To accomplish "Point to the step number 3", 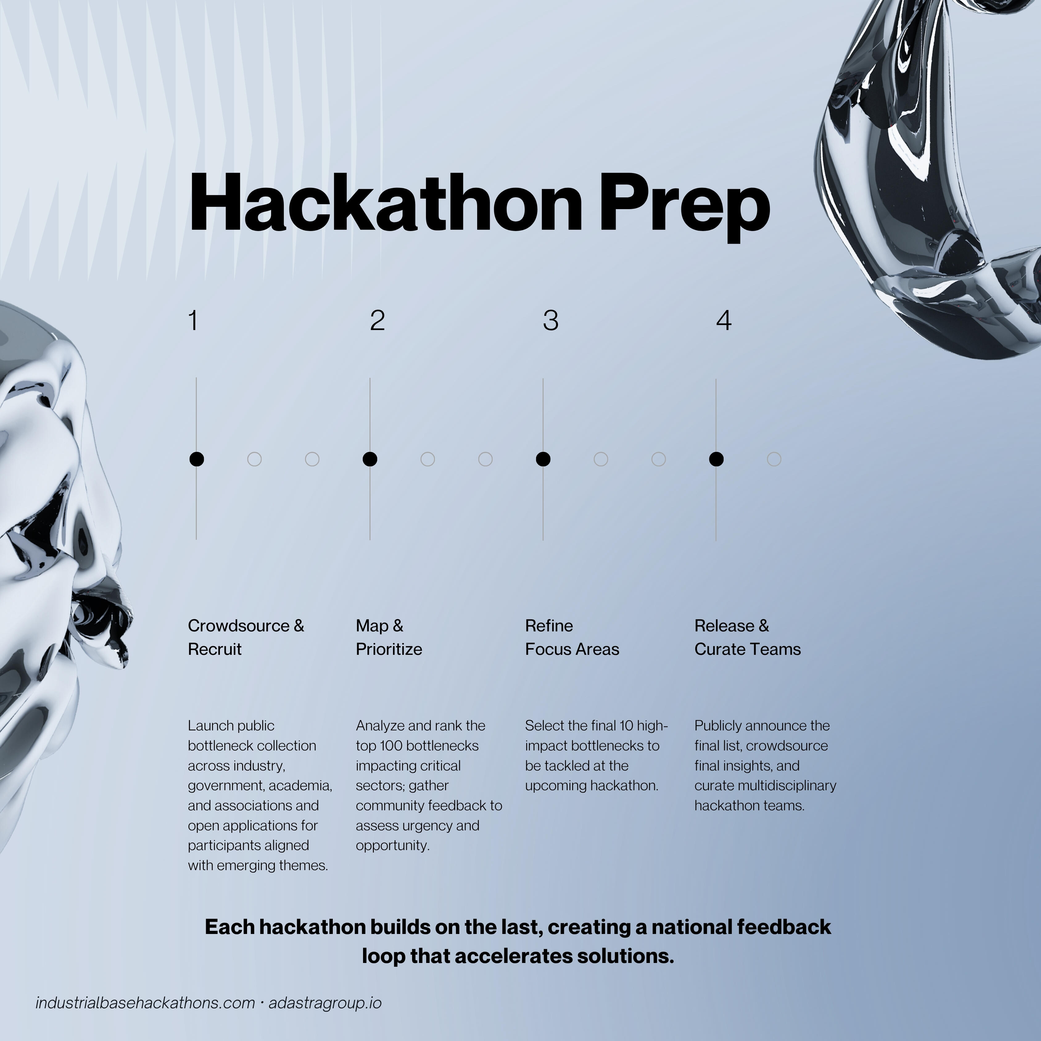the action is [x=551, y=320].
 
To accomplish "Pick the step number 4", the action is [x=724, y=320].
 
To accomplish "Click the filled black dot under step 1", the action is [x=197, y=459].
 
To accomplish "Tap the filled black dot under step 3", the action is [x=543, y=459].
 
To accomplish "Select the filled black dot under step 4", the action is [x=716, y=459].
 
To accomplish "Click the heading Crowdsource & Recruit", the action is [x=246, y=638].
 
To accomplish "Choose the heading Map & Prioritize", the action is [x=389, y=638].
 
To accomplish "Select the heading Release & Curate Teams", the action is [x=747, y=638].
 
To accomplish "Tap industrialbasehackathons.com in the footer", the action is [x=145, y=1003].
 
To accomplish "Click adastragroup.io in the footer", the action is [x=325, y=1003].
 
